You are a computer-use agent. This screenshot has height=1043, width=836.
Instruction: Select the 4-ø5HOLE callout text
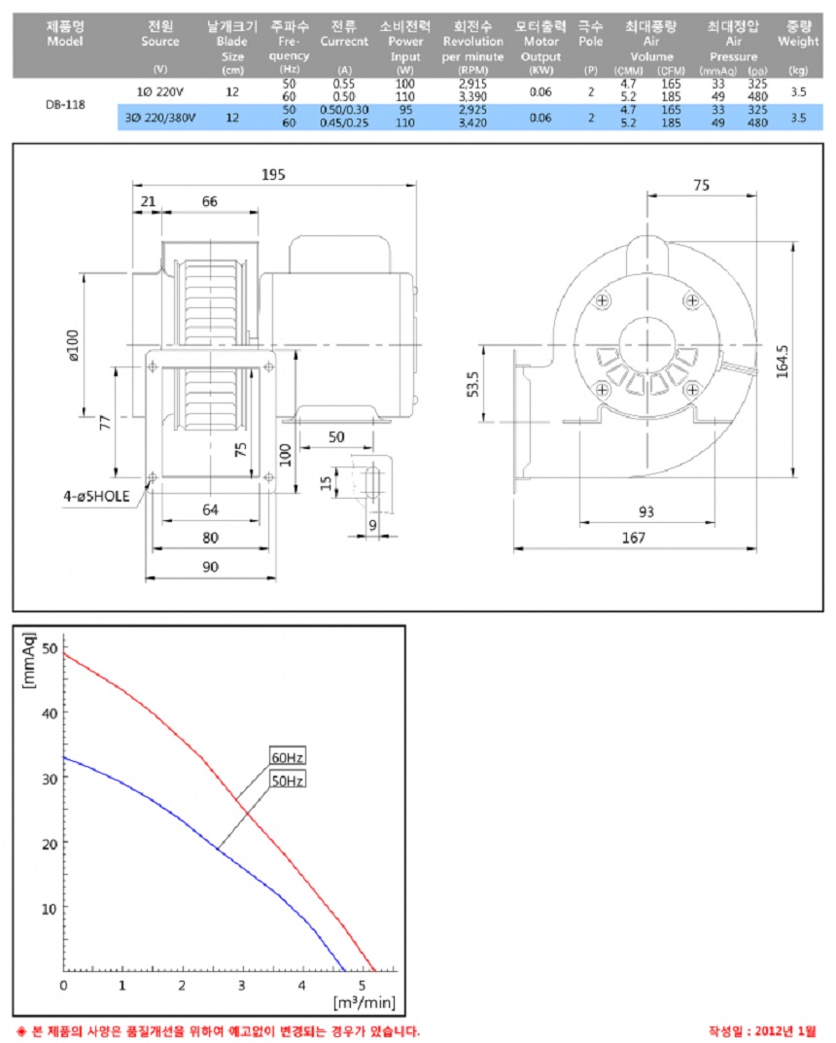[96, 496]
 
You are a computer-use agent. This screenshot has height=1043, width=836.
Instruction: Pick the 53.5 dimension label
[473, 383]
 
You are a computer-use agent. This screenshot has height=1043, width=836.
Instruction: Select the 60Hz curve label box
[287, 757]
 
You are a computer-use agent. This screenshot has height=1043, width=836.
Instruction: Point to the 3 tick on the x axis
[243, 985]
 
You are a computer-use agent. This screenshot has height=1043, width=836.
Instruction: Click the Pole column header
[590, 35]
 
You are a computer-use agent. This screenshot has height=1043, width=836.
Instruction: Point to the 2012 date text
[761, 1030]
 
